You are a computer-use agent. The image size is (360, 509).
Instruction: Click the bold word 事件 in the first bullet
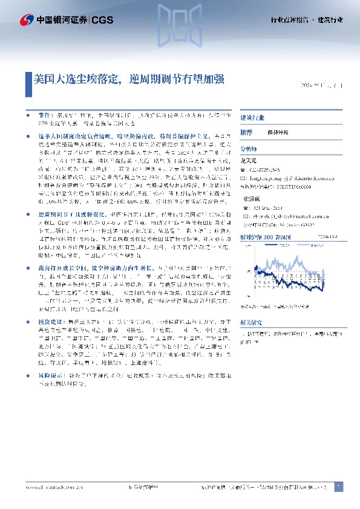click(45, 114)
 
